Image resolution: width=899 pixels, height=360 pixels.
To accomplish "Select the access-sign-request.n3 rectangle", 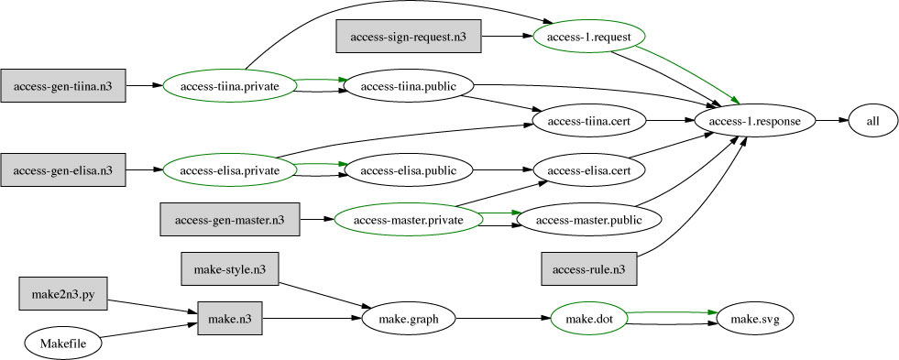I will [x=407, y=36].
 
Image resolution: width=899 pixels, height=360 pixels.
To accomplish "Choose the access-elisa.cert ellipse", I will [x=589, y=169].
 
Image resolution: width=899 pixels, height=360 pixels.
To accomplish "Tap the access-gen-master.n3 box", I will [x=229, y=220].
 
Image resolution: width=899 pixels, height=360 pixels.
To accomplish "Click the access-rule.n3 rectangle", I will [x=589, y=268].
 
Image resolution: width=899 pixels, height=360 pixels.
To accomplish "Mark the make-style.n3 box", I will [x=230, y=269].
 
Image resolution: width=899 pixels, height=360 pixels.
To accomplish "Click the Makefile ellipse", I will [x=63, y=344].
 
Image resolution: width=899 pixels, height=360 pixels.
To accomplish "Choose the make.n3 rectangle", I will [x=230, y=319].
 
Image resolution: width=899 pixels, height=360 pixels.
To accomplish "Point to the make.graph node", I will [x=408, y=319].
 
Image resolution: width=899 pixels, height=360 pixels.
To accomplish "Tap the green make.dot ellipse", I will [x=589, y=319].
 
